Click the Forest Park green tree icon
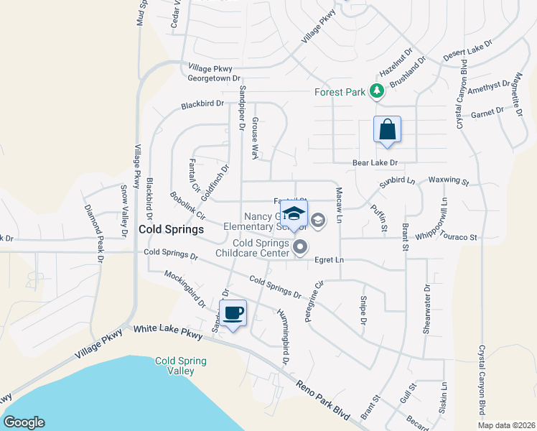[375, 91]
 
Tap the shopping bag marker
[387, 129]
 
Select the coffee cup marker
[233, 313]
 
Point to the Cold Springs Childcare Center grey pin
[301, 247]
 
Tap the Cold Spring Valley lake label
[181, 366]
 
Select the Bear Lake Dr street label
[375, 163]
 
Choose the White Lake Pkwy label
[168, 332]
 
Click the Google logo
[24, 422]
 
